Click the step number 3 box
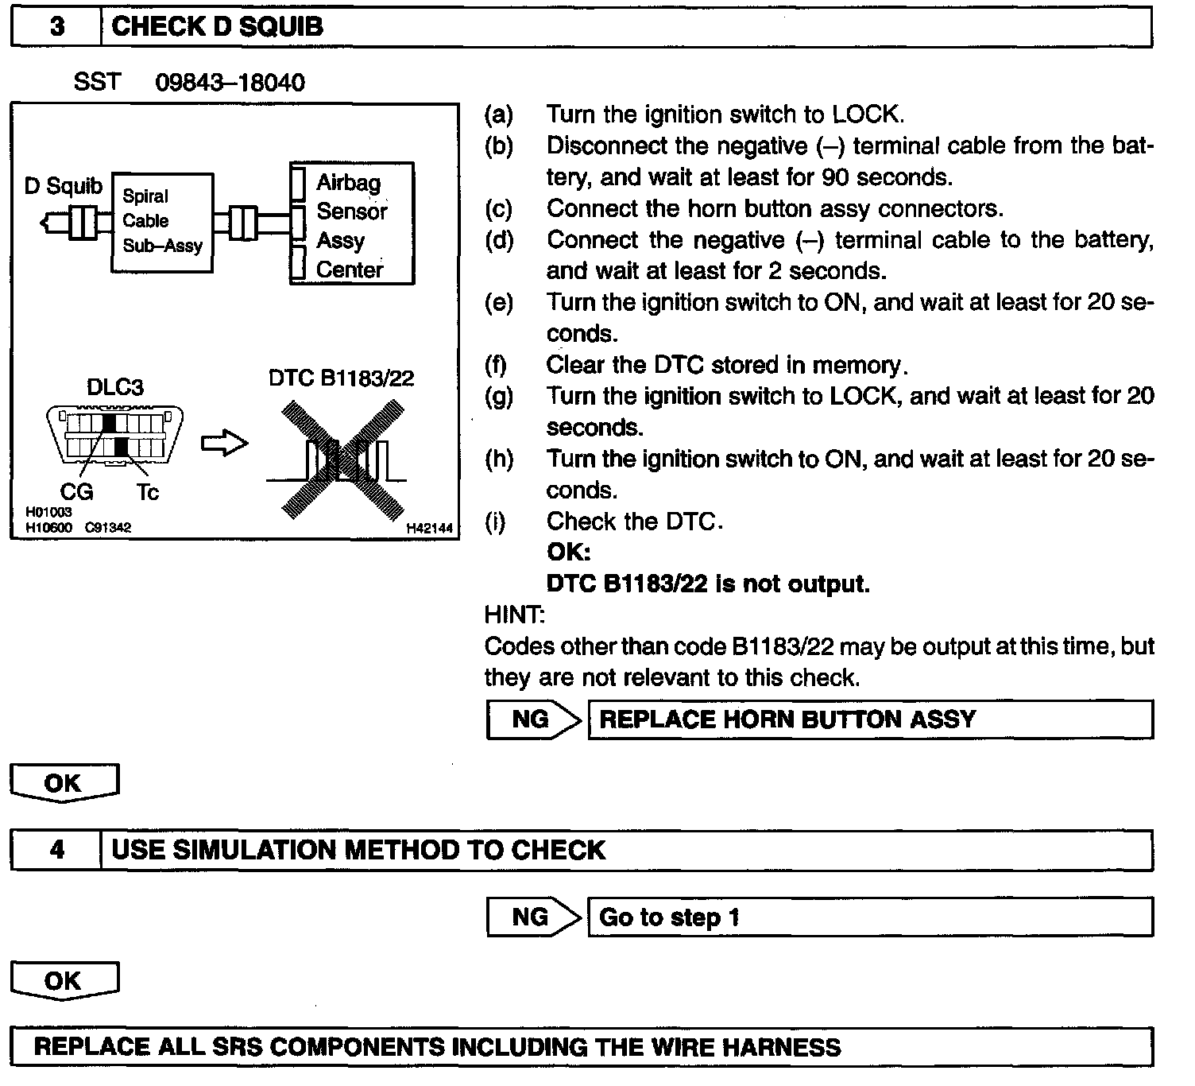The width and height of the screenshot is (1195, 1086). click(56, 27)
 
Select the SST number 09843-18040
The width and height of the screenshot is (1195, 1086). click(230, 83)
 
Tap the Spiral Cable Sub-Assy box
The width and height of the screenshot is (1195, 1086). click(162, 222)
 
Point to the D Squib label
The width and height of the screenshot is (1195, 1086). click(64, 186)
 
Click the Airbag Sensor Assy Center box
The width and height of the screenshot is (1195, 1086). click(351, 225)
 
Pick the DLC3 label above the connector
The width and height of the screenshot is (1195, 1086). click(115, 387)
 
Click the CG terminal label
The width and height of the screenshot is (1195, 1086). click(76, 492)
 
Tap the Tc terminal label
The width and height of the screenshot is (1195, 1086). click(148, 492)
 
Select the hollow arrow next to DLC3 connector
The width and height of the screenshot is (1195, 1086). click(224, 444)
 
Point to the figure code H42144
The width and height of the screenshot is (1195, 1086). click(429, 528)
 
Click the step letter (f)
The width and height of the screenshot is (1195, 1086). click(496, 365)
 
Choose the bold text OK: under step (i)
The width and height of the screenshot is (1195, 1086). click(568, 552)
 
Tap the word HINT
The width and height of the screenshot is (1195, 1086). click(514, 615)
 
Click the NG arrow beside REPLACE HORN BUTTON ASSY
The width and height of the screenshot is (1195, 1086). click(534, 719)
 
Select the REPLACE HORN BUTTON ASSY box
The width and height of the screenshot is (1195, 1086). click(869, 719)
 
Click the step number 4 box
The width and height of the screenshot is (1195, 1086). click(56, 850)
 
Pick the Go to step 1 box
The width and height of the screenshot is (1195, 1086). click(869, 917)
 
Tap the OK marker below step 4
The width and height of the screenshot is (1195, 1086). click(64, 981)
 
